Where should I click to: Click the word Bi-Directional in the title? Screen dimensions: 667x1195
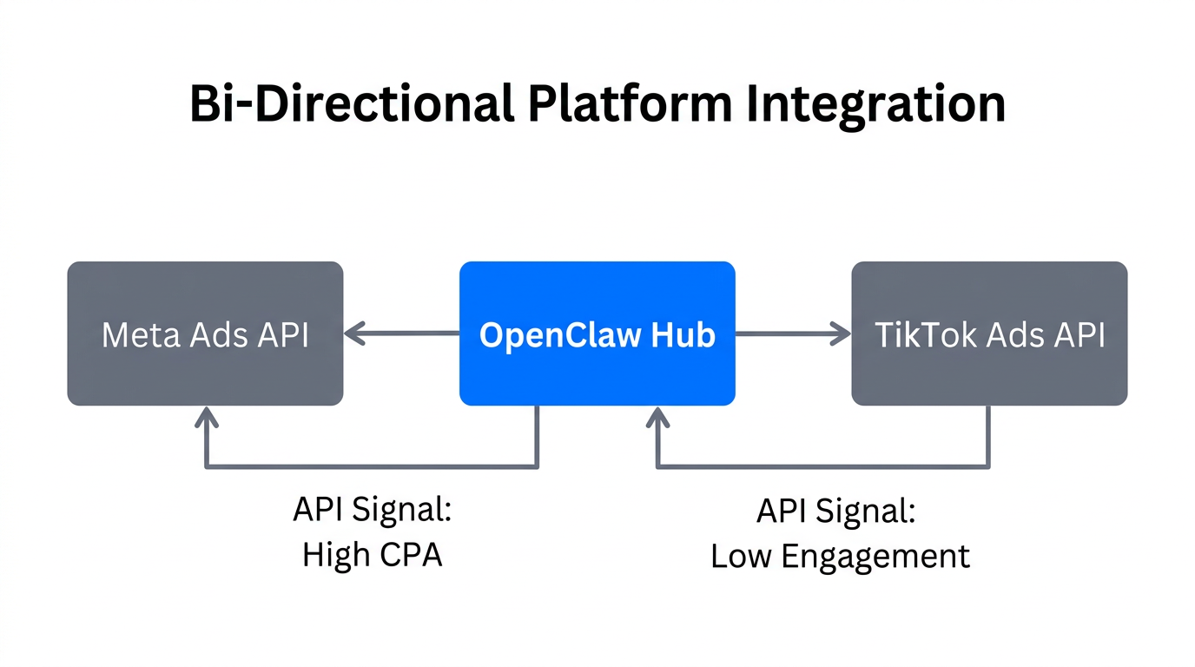351,104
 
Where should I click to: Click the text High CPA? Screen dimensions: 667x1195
372,555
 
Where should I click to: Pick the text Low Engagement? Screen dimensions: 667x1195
840,556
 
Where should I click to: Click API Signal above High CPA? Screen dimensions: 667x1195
372,510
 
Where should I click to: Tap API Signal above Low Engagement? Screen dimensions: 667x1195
835,511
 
